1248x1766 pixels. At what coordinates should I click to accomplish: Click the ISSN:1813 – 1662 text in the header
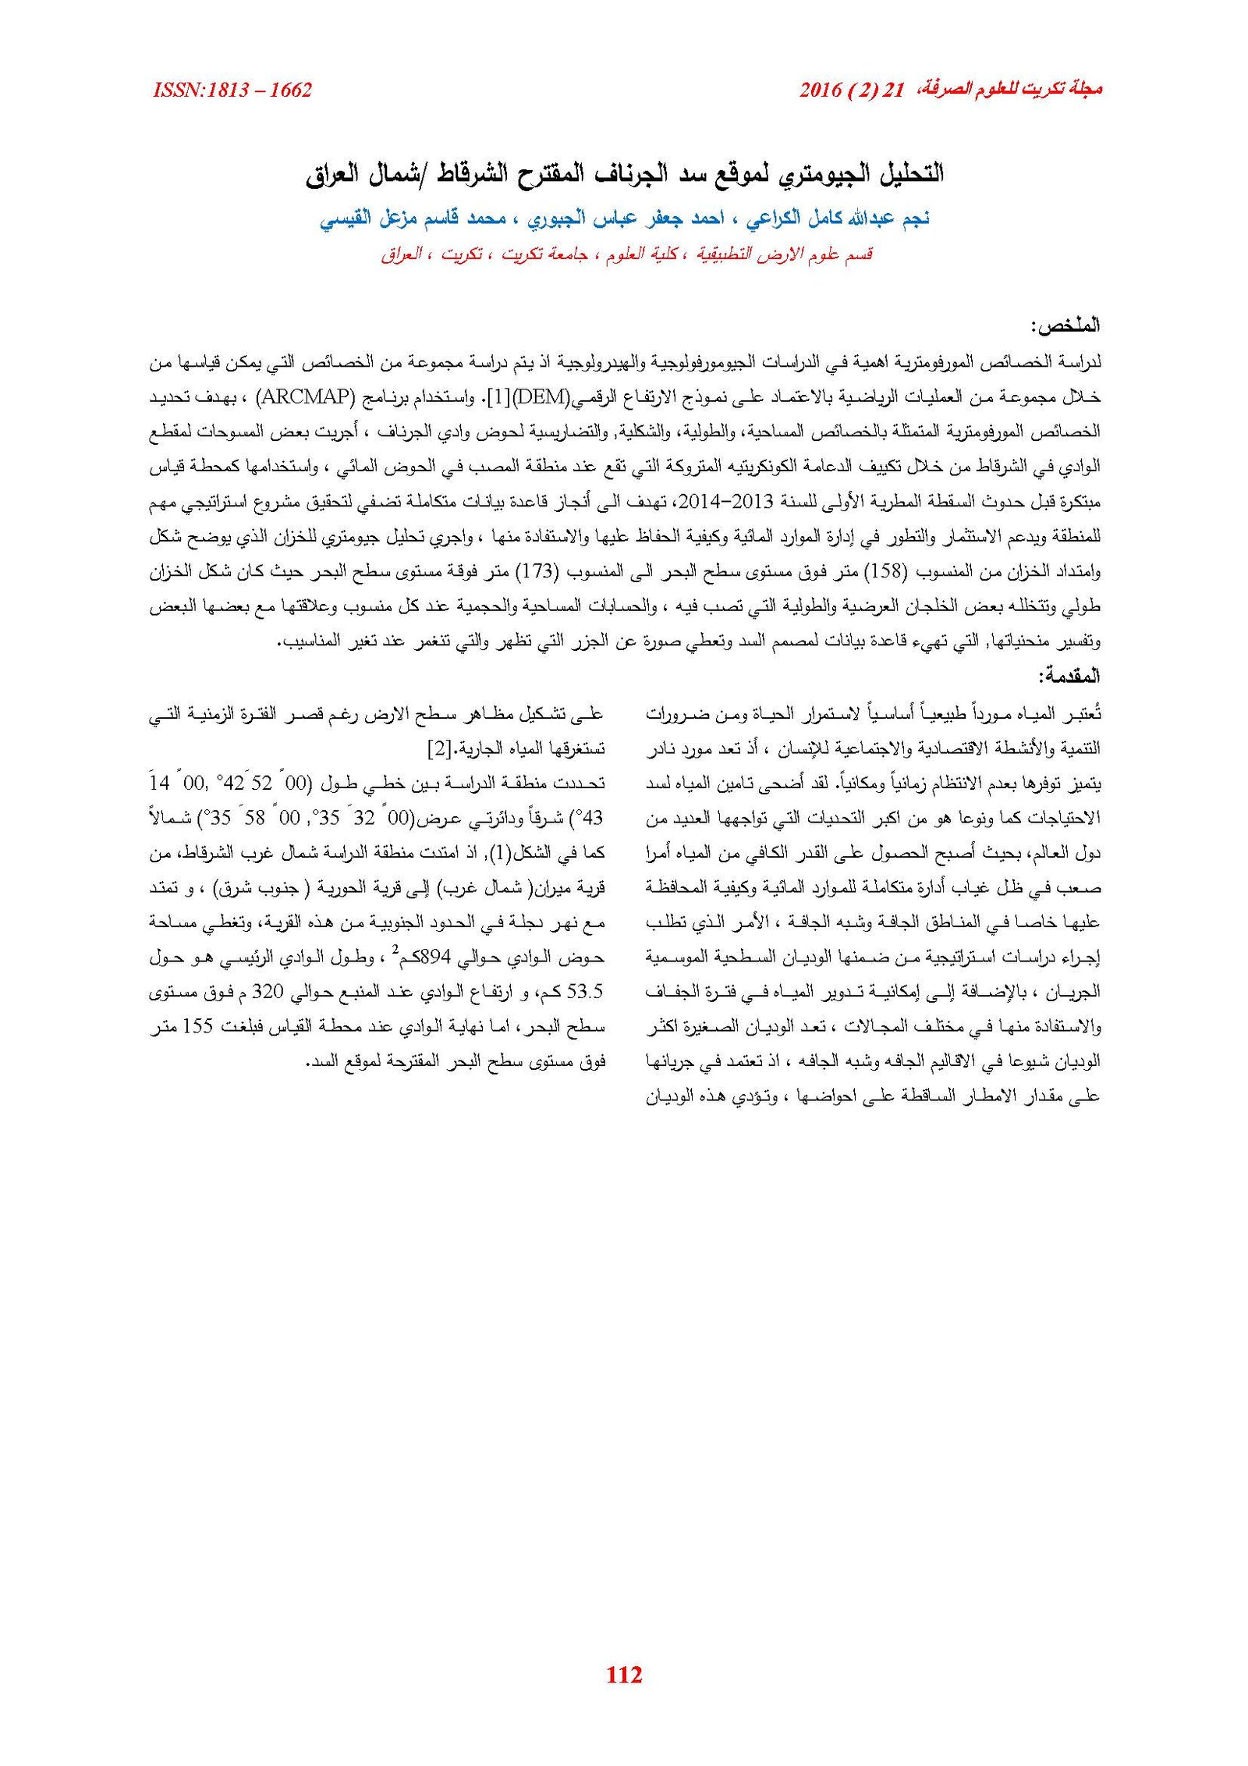(x=232, y=91)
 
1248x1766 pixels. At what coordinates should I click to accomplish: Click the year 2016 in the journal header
(x=820, y=91)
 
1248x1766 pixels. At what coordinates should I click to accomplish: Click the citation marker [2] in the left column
(x=439, y=748)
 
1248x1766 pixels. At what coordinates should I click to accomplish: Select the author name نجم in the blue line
(x=912, y=219)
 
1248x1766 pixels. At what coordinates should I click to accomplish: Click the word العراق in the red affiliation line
(x=402, y=255)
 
